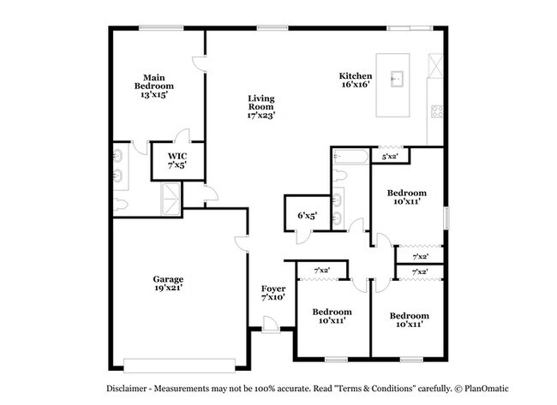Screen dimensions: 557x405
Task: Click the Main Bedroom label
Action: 153,86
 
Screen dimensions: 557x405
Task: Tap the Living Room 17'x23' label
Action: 261,106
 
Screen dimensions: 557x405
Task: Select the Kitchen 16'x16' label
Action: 356,80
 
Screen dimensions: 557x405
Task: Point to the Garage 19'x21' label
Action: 168,283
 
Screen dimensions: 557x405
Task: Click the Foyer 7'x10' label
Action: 273,293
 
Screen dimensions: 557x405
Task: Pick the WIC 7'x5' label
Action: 177,160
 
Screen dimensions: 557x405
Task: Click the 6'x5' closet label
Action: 308,215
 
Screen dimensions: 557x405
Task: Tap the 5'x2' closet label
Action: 390,156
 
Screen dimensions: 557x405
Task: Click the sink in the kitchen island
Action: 397,79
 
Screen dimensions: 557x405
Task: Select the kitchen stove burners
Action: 437,111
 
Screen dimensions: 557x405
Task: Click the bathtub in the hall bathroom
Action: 350,157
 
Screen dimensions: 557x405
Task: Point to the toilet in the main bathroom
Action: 121,205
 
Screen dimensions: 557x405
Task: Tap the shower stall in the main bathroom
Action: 171,199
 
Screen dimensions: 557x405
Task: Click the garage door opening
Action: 179,366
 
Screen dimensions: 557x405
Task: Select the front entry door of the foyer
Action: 271,325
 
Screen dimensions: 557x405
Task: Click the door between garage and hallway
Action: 242,244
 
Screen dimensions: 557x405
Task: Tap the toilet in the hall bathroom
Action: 341,176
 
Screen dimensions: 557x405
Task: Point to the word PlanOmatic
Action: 487,389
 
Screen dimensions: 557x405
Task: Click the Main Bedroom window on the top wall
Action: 161,27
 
